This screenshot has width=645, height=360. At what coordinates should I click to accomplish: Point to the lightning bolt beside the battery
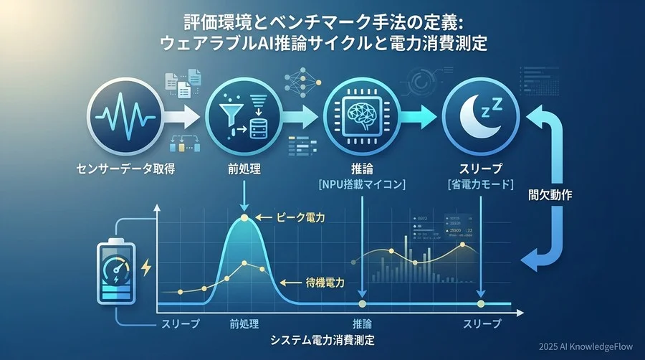[x=147, y=268]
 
